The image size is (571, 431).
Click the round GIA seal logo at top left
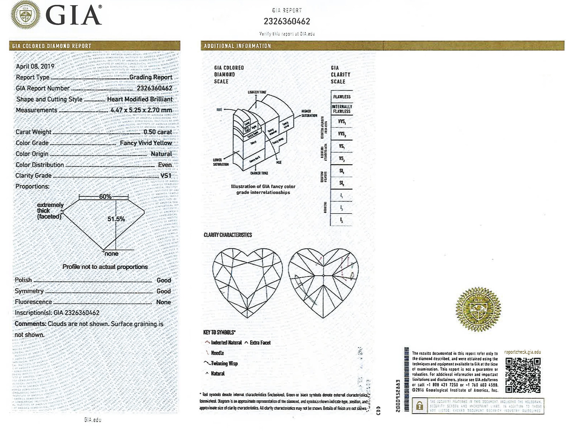(x=26, y=15)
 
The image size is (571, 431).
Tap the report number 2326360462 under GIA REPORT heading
(x=287, y=21)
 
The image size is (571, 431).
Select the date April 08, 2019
(x=35, y=66)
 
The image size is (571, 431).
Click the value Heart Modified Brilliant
(x=140, y=99)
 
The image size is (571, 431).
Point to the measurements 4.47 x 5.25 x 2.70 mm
(x=141, y=110)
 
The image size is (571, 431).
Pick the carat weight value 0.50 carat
(x=157, y=132)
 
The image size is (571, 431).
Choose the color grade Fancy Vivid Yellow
(x=146, y=143)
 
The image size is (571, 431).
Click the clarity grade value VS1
(x=166, y=176)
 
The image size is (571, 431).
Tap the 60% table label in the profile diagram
(x=105, y=197)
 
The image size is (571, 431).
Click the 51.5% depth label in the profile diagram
(x=116, y=219)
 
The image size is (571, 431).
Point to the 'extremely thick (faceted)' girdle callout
(x=50, y=211)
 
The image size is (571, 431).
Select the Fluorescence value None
(x=164, y=302)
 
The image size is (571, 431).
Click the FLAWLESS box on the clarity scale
(x=342, y=97)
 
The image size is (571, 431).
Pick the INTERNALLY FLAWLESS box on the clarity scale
(x=342, y=109)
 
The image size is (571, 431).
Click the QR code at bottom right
(x=523, y=375)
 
